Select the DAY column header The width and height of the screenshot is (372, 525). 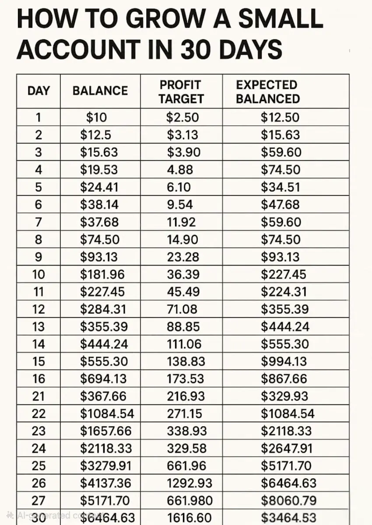click(39, 91)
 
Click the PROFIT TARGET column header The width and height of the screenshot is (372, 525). click(181, 91)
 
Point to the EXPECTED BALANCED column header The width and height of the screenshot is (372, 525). click(267, 91)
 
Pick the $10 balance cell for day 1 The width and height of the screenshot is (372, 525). click(96, 117)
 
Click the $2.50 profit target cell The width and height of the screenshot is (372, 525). click(182, 117)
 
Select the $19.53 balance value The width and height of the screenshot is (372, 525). click(99, 170)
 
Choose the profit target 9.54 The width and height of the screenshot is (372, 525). click(179, 205)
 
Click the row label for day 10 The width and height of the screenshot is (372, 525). click(39, 275)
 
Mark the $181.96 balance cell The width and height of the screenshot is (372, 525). click(102, 275)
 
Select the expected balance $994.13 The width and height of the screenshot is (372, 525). click(284, 362)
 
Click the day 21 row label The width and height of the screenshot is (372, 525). click(39, 396)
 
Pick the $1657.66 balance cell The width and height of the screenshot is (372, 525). click(105, 431)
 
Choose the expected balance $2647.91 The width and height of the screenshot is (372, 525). click(288, 448)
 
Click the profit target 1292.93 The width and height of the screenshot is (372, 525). click(189, 483)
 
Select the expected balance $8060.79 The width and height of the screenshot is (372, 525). click(288, 500)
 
